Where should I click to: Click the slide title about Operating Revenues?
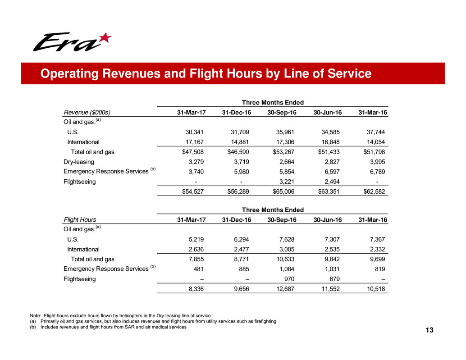click(205, 73)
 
